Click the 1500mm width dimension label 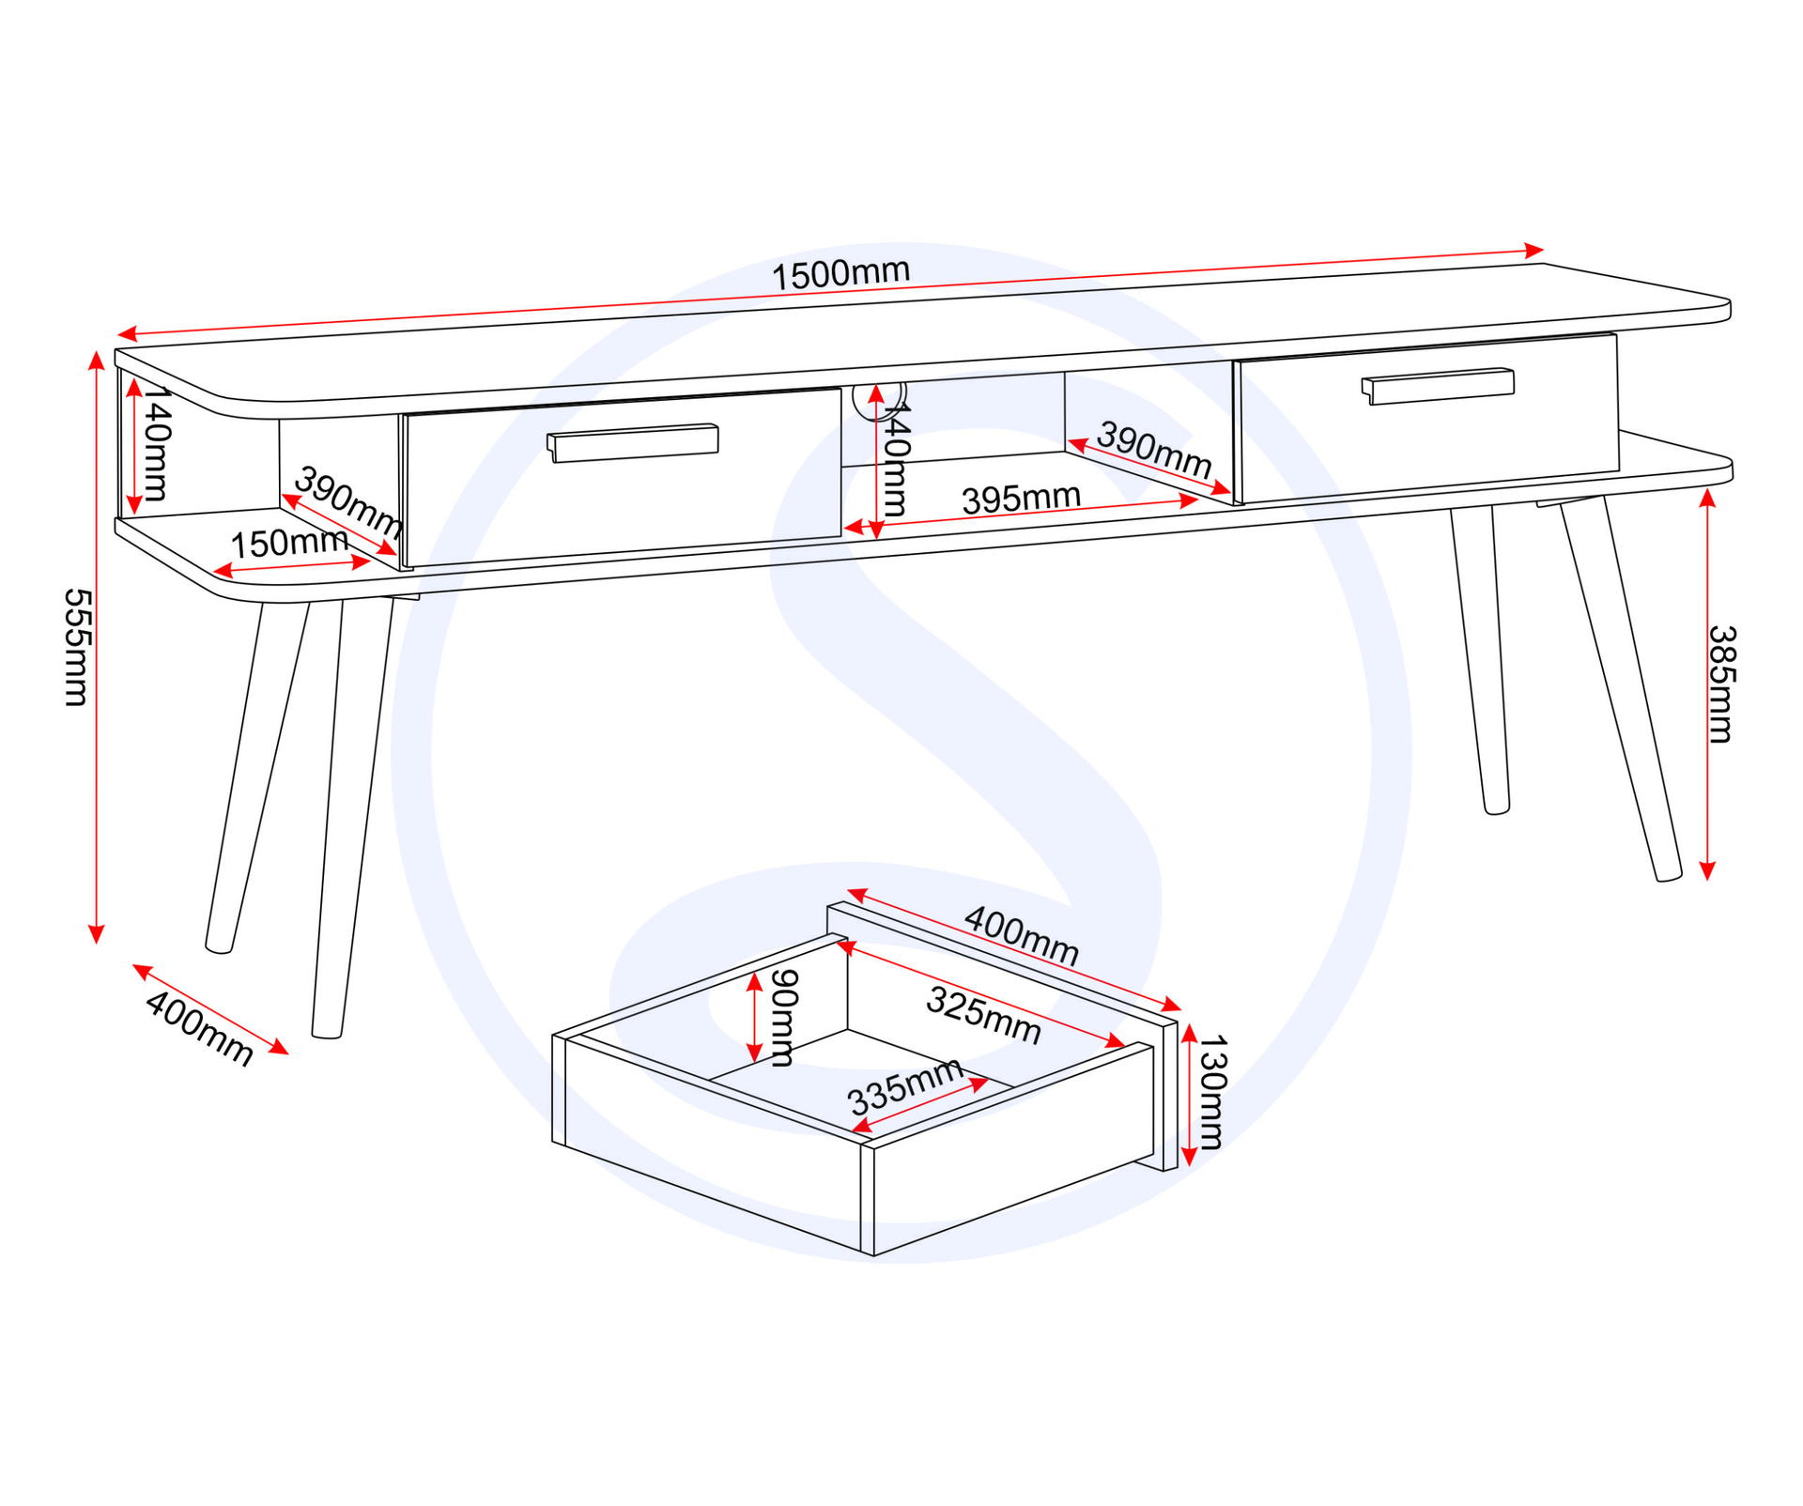coord(840,273)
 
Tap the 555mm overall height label coord(76,647)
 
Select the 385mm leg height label coord(1721,684)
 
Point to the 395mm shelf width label coord(1021,498)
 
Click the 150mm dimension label coord(289,542)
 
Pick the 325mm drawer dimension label coord(983,1015)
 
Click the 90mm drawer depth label coord(783,1018)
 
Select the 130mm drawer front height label coord(1212,1091)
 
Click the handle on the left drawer coord(633,442)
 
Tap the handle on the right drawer coord(1437,385)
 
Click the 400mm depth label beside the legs coord(199,1028)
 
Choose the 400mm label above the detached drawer coord(1022,935)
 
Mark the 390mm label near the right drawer coord(1154,449)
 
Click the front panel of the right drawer coord(1427,418)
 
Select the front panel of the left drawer coord(622,478)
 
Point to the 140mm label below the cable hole coord(895,459)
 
